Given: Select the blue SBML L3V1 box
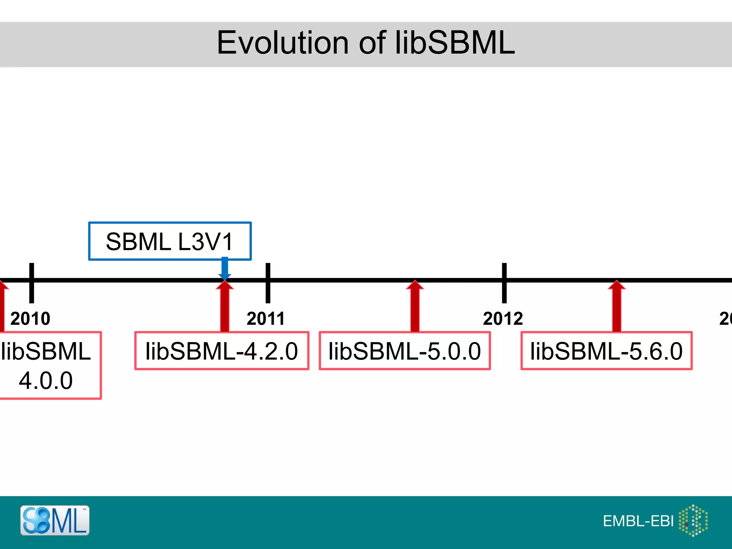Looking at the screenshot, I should point(170,241).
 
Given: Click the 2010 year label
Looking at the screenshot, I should point(30,318).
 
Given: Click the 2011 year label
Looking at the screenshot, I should point(266,318).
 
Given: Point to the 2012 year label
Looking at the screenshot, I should point(503,318).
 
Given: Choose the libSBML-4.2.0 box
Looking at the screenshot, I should point(222,351).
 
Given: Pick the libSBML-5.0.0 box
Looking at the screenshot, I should point(405,351).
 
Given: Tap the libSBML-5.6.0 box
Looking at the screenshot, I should point(607,351).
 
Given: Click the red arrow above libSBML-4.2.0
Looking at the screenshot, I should point(224,307).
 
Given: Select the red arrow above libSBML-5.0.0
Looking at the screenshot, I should point(415,307).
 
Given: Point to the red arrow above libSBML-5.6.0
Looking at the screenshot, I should point(617,307).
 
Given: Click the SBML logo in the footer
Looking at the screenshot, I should point(55,520).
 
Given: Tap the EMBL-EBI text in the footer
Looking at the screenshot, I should point(638,521).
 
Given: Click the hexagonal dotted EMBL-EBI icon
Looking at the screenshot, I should point(693,520).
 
